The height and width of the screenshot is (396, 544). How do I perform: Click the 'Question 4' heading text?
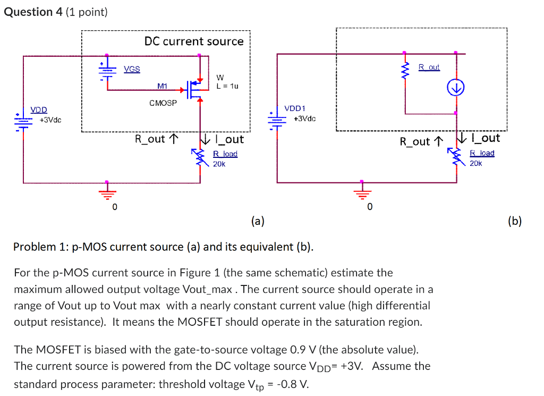[33, 12]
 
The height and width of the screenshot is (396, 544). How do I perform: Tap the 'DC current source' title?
[194, 41]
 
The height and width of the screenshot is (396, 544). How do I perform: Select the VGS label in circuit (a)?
[132, 69]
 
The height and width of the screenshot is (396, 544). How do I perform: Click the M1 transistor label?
[162, 86]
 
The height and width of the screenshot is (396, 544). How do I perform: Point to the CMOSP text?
[163, 103]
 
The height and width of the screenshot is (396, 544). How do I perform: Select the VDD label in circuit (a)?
[38, 109]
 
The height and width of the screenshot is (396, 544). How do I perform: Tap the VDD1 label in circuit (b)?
[295, 108]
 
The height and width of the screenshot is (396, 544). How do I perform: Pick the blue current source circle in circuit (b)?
[456, 87]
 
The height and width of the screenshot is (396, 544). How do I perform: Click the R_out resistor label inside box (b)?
[429, 68]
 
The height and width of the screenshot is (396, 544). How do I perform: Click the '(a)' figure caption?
[258, 221]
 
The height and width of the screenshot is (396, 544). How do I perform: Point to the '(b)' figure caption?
[515, 221]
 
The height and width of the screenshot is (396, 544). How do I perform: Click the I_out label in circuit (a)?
[228, 139]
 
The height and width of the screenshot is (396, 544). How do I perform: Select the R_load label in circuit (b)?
[482, 153]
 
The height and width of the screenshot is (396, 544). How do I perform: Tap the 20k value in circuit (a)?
[219, 164]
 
